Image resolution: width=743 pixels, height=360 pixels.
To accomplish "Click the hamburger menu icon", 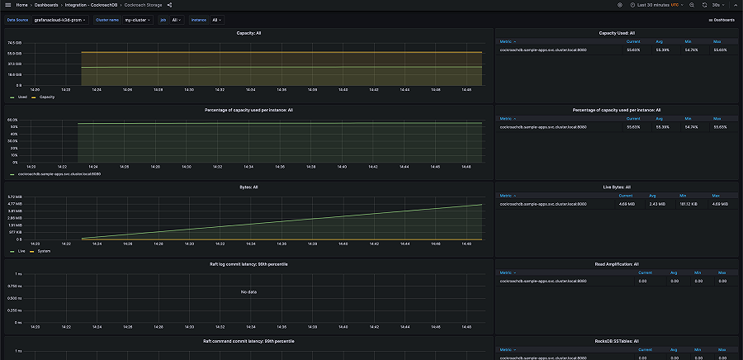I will point(7,5).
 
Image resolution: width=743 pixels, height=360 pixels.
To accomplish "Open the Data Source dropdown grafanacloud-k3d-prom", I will point(58,20).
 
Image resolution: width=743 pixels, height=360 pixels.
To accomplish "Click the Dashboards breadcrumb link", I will point(46,5).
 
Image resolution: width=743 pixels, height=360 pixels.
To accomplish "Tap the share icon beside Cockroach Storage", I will point(169,5).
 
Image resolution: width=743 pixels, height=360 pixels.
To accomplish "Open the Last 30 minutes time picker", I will point(654,5).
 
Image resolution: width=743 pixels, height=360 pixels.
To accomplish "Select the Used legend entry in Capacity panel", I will point(21,97).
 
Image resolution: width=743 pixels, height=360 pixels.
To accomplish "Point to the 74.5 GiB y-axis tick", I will point(15,42).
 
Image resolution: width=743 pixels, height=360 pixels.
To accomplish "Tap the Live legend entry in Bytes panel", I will point(21,251).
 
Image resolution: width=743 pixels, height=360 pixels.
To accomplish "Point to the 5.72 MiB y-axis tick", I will point(15,197).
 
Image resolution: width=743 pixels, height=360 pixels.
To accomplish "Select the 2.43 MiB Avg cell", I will point(657,203).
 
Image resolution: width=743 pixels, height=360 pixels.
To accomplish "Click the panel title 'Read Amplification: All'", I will point(616,264).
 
